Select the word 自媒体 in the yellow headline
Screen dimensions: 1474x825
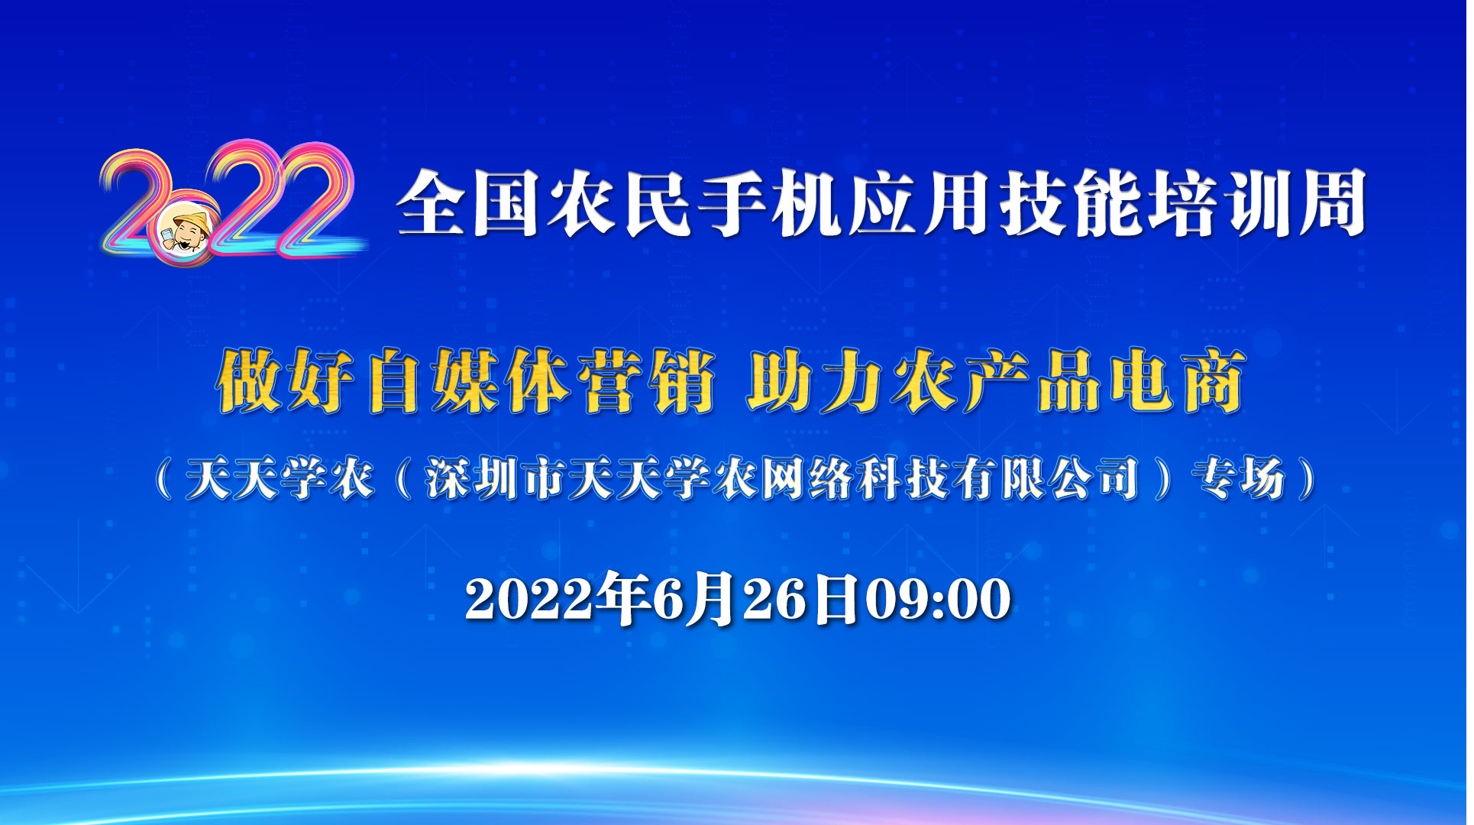(x=469, y=381)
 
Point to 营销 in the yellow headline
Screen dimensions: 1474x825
(x=646, y=381)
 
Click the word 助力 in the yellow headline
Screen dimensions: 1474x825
(x=814, y=381)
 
